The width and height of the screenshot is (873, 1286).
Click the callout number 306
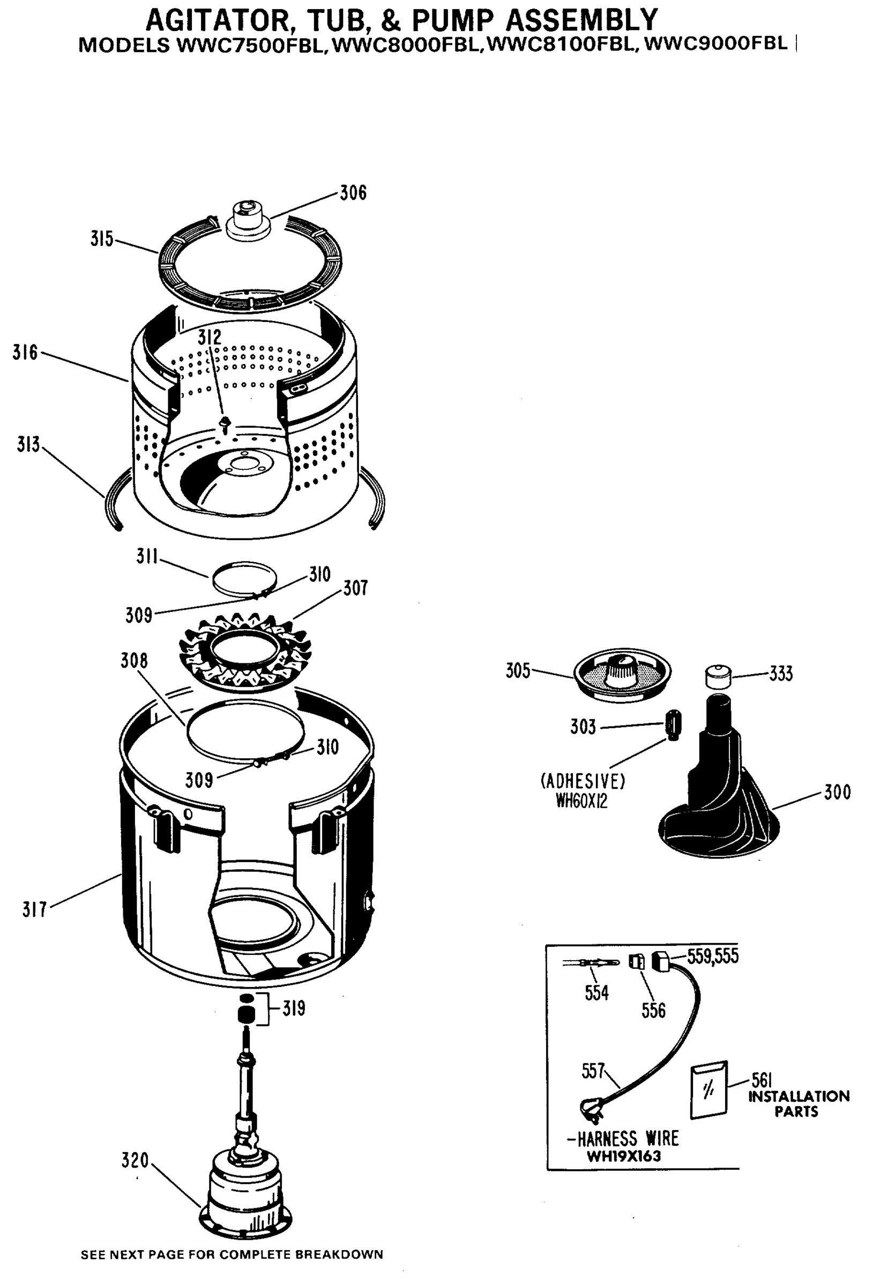(x=353, y=192)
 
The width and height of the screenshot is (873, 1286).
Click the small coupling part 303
(x=673, y=725)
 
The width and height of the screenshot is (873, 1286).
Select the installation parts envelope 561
(x=708, y=1089)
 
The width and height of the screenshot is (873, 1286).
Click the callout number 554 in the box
(x=596, y=993)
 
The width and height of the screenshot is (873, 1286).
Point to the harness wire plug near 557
(x=589, y=1110)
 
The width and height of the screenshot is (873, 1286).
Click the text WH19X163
(x=623, y=1156)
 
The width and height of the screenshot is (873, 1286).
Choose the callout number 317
(x=34, y=910)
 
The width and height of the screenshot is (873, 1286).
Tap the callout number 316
(x=25, y=353)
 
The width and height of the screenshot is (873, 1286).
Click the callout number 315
(x=101, y=239)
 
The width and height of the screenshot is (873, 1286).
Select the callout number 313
(x=28, y=444)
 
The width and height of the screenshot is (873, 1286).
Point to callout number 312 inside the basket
(x=209, y=338)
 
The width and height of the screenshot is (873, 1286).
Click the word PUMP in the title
(x=452, y=20)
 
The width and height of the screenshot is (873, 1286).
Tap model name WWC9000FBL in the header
(x=717, y=44)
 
